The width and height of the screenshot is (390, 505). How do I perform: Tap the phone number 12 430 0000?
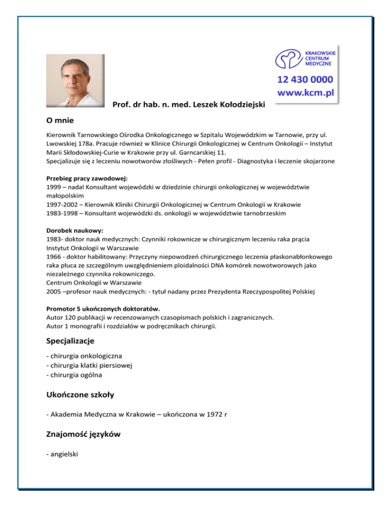(x=305, y=79)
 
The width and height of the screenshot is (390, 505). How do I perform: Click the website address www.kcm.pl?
(x=305, y=93)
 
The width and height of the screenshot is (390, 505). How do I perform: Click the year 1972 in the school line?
(x=214, y=415)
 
